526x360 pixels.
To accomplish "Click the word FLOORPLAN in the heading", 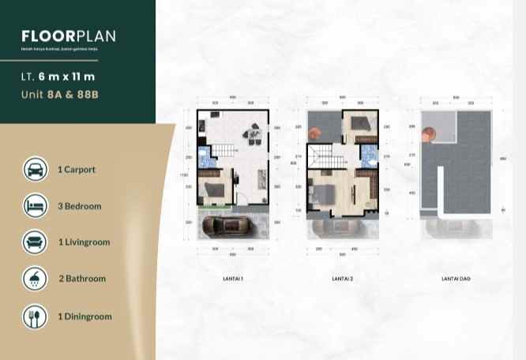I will click(69, 36).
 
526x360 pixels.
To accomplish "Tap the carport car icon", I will click(35, 169).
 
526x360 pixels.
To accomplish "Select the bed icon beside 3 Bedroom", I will click(35, 205).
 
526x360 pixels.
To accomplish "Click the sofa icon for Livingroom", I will click(35, 242).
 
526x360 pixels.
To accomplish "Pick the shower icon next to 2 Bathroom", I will click(35, 278).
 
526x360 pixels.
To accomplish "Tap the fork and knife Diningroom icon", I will click(35, 317).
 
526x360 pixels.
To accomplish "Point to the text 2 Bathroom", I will click(82, 279).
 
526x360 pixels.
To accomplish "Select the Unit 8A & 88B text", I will click(61, 96).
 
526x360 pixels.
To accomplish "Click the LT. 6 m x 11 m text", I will click(58, 77).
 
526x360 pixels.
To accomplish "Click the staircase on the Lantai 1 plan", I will click(228, 150).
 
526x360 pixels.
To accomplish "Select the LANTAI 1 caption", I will click(232, 279).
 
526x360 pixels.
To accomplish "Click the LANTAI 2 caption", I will click(342, 279).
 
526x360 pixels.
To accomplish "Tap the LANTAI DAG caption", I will click(455, 279).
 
